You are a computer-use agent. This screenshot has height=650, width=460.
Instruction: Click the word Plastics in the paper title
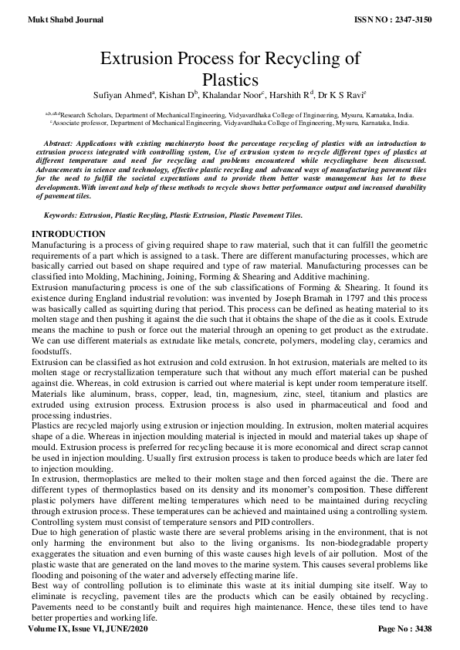[x=229, y=78]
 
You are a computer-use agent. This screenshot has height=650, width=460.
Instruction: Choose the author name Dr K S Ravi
[x=345, y=95]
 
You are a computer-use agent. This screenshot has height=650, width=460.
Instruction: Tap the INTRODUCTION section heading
[x=68, y=234]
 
